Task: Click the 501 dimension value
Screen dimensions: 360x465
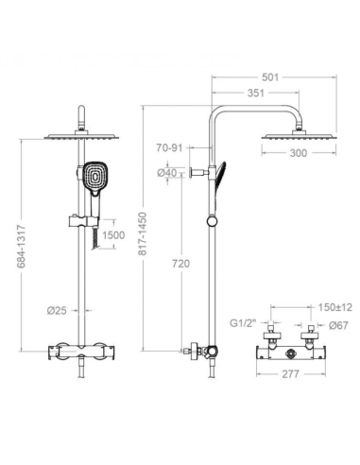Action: [x=270, y=77]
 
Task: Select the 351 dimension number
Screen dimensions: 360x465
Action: [x=256, y=93]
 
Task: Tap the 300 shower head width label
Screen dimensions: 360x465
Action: [x=298, y=153]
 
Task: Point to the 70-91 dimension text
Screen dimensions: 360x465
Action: [x=169, y=147]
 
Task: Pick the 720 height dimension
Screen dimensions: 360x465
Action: [x=181, y=264]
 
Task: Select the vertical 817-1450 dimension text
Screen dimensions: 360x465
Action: [x=143, y=233]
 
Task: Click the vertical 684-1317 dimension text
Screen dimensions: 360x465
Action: [x=21, y=247]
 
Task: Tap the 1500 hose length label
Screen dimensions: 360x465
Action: [x=113, y=235]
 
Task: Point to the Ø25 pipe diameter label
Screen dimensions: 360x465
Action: [x=57, y=311]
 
